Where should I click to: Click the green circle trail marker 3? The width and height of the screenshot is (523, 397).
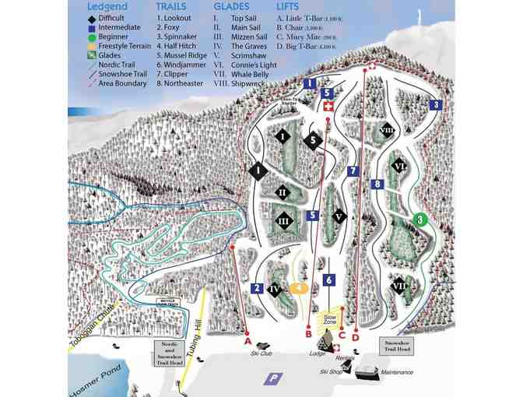click(419, 220)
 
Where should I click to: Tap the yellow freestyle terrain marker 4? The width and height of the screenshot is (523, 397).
click(297, 287)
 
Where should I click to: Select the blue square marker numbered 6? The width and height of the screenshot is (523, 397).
click(329, 279)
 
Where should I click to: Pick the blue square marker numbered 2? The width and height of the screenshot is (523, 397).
click(255, 288)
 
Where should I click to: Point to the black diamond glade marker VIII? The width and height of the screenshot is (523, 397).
click(387, 130)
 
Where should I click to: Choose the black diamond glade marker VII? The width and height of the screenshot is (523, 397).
click(399, 286)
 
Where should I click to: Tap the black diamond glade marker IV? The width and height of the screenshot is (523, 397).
click(274, 290)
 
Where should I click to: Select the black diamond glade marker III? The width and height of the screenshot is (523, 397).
click(284, 222)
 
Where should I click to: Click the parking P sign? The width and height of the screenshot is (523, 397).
click(272, 379)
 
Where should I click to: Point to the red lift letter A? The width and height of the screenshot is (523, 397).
click(246, 341)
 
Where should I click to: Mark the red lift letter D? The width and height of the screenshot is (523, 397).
click(355, 337)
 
